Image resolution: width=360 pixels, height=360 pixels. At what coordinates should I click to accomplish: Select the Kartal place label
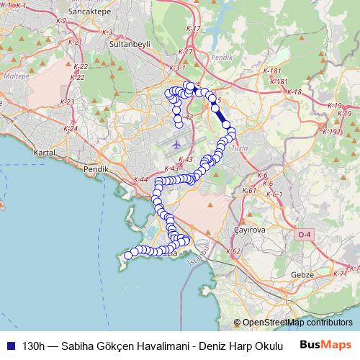coord(45,153)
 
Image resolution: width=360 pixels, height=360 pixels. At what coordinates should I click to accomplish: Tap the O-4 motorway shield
coord(305,234)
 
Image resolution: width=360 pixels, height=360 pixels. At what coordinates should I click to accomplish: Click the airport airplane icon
coord(177,144)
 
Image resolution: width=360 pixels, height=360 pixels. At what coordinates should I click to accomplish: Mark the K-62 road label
coord(233,252)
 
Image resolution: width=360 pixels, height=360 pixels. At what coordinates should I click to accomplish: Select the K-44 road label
coord(140,179)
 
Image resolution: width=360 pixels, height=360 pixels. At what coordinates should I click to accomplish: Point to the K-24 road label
coord(71,129)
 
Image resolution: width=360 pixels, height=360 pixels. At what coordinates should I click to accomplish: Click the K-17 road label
coord(184,53)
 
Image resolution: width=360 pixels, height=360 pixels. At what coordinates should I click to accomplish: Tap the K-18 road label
coord(294,92)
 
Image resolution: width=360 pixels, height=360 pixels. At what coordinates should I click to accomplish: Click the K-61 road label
coord(250,191)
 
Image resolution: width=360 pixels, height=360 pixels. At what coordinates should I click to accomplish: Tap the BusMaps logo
coord(325,344)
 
